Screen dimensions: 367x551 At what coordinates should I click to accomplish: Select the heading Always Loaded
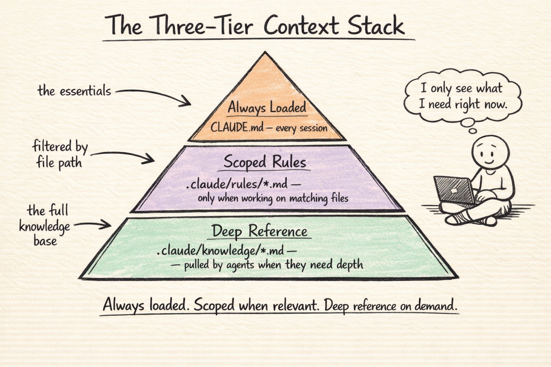click(x=267, y=108)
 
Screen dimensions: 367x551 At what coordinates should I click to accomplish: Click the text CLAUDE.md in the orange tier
click(x=237, y=127)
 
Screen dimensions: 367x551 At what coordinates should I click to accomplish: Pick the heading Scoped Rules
click(x=265, y=162)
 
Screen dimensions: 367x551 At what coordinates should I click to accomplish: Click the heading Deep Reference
click(x=259, y=231)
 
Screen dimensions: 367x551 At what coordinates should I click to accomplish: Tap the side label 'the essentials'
click(x=74, y=91)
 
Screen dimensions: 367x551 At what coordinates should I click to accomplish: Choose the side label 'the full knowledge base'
click(x=44, y=225)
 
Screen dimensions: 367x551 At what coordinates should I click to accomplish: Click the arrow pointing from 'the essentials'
click(x=154, y=95)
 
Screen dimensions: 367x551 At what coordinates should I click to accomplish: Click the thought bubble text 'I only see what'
click(x=461, y=89)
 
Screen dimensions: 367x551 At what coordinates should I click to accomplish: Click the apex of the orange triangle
click(x=265, y=54)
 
